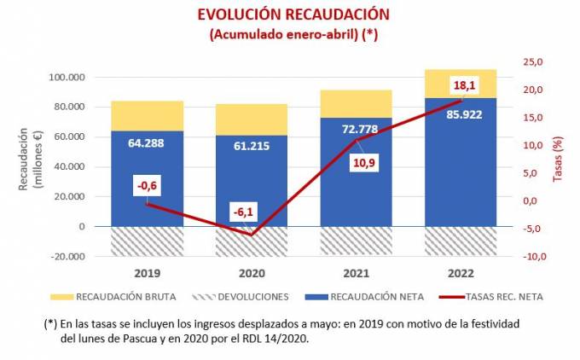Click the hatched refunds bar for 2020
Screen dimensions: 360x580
252,241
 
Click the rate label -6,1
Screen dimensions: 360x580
251,211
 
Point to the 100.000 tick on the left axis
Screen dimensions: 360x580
67,78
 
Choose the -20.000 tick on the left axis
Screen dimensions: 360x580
67,256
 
